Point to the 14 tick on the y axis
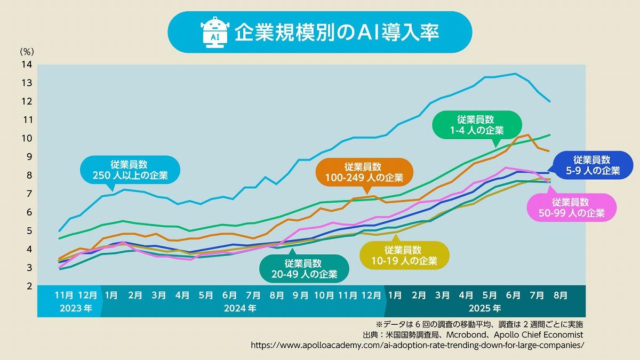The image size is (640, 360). point(27,65)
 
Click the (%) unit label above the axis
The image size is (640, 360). point(27,52)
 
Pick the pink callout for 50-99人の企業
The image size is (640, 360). point(570,207)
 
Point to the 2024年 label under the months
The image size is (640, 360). point(240,308)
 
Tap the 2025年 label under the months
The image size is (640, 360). point(485,308)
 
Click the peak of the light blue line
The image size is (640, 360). point(515,74)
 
